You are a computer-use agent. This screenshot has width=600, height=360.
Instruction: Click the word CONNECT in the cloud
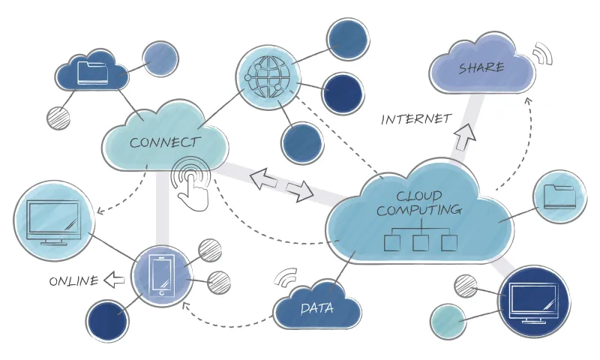coord(165,142)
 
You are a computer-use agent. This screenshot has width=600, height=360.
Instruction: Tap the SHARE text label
coord(481,68)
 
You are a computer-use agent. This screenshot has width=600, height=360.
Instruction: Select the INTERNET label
coord(416,118)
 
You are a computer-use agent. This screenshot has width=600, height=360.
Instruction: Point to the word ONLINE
coord(73,281)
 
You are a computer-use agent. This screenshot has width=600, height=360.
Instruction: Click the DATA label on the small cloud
coord(316,308)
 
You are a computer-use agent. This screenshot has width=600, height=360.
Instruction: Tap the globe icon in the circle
coord(267,76)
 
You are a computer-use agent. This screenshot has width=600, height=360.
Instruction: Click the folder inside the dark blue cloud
coord(92,72)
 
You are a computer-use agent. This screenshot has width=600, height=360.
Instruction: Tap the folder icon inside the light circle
coord(559,196)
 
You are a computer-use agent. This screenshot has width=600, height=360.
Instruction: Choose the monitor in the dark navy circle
coord(533,302)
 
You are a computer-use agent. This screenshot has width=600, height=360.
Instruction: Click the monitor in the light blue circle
coord(52,220)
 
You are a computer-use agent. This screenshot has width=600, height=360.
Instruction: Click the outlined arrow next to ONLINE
coord(114,280)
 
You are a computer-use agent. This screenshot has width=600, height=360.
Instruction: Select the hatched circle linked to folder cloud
coord(58,117)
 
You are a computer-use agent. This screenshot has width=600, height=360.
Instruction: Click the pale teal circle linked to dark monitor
coord(448,322)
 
